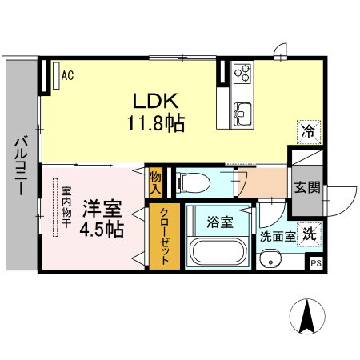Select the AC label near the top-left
(x=68, y=76)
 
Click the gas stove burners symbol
(x=242, y=76)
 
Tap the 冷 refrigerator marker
(x=306, y=129)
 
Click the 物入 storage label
(x=155, y=182)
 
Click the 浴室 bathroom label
(x=218, y=222)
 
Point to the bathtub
(x=218, y=253)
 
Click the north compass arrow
(x=306, y=318)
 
